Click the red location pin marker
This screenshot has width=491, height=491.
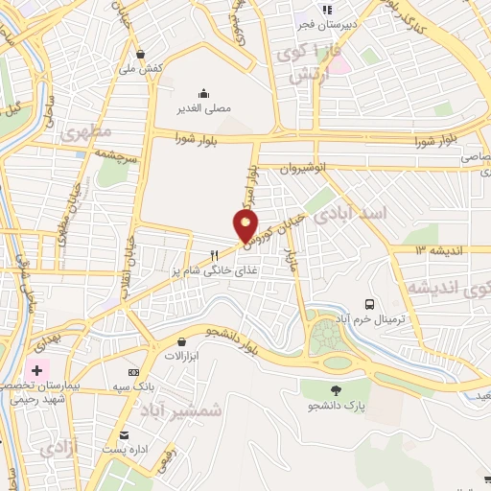tap(245, 226)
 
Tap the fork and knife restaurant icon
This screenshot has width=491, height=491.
tap(215, 255)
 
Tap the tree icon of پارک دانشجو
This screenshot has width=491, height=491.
tap(335, 389)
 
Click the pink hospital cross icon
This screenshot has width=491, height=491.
tap(36, 369)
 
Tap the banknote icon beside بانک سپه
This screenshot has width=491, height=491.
tap(133, 372)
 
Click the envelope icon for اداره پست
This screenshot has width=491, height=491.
tap(122, 434)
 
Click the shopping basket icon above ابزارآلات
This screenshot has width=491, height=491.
tap(181, 341)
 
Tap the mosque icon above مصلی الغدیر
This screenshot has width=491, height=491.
tap(203, 93)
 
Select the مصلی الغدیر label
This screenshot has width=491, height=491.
tap(203, 108)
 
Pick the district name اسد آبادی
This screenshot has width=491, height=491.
tap(361, 213)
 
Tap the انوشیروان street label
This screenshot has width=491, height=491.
tap(304, 168)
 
